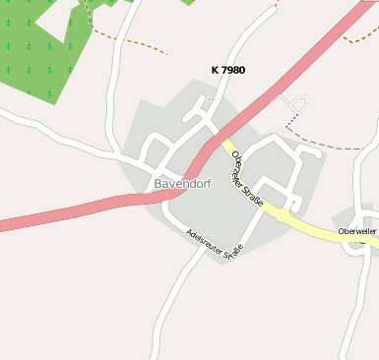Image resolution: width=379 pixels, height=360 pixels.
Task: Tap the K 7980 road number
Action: tap(228, 70)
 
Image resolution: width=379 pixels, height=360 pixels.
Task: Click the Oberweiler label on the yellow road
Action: tap(356, 231)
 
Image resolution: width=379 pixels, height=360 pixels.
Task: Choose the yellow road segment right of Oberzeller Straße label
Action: tap(295, 218)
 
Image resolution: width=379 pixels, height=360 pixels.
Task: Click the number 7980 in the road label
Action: tap(233, 70)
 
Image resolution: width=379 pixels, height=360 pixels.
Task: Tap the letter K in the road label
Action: tap(215, 70)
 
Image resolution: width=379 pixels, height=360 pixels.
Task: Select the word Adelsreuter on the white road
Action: tap(203, 238)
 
